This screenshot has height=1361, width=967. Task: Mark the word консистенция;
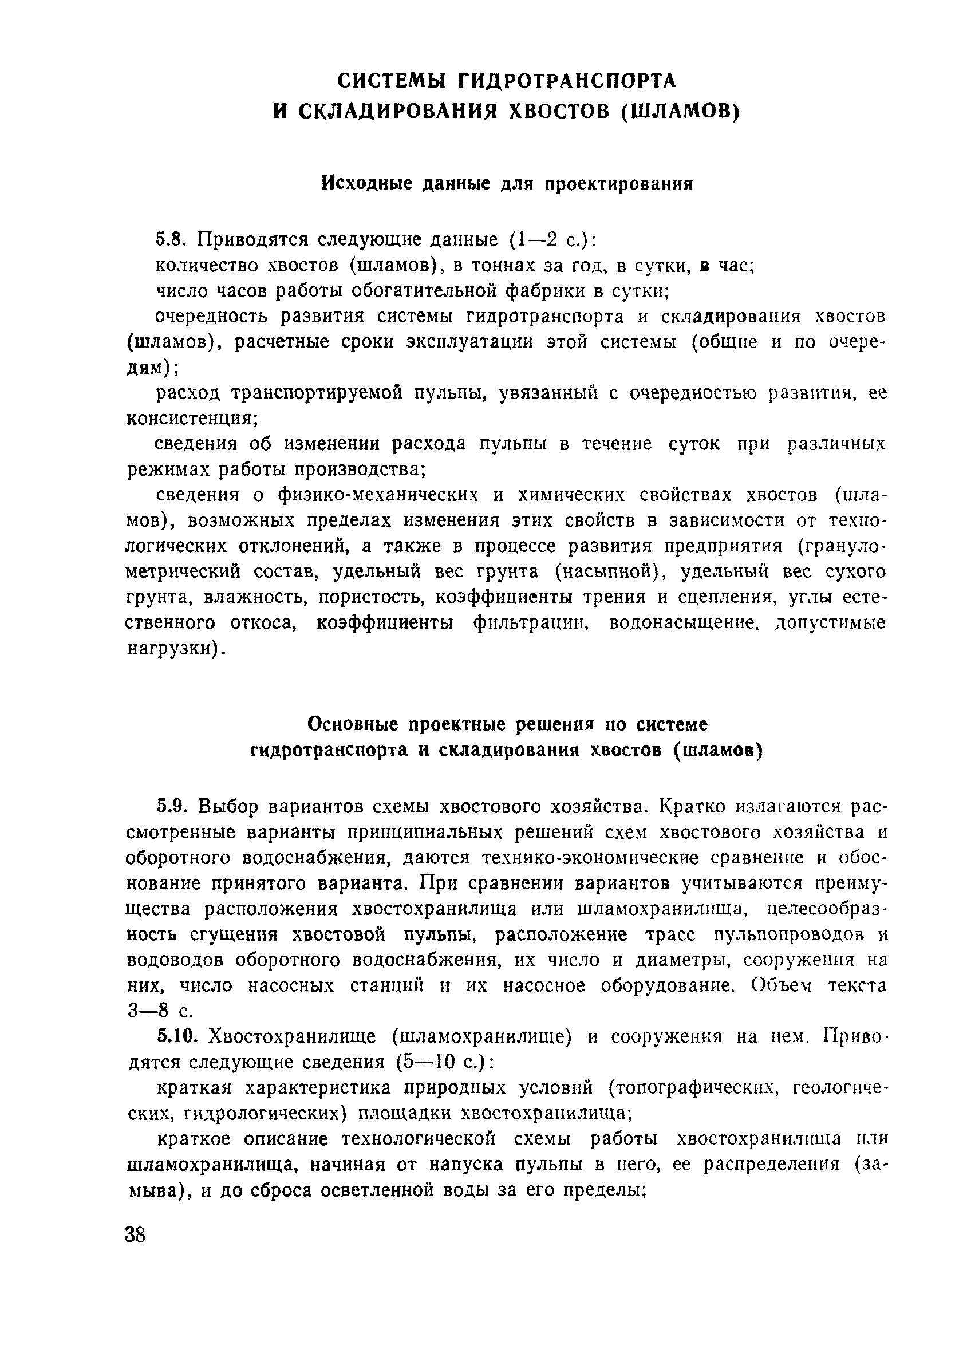tap(192, 419)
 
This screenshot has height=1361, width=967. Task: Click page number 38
tap(135, 1236)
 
